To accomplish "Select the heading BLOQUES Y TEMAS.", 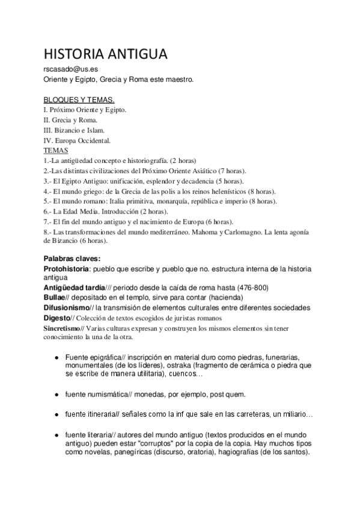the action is pos(79,99).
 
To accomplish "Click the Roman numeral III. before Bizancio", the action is pos(49,130).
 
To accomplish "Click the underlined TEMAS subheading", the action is pos(56,150).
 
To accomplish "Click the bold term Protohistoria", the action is pos(67,269).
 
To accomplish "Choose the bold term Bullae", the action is pos(56,297).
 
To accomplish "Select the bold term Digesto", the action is pos(57,318).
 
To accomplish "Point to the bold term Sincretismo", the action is pos(64,328).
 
